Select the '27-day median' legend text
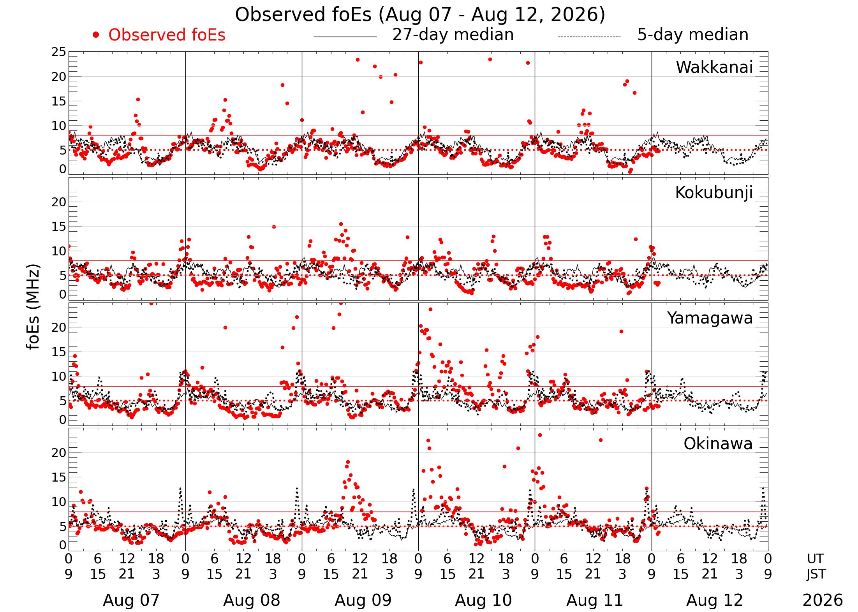[453, 35]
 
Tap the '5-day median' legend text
[693, 35]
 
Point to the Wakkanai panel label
[714, 67]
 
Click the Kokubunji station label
[714, 193]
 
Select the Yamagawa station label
[710, 318]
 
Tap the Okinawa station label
[718, 444]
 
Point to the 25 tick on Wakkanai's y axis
[59, 52]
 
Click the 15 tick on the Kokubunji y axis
[59, 227]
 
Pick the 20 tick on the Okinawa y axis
[59, 453]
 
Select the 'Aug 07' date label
[131, 600]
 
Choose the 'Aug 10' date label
[483, 600]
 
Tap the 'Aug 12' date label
[715, 600]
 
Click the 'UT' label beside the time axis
[815, 559]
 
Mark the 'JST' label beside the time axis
[816, 575]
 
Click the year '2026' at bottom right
[823, 600]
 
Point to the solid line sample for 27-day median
[345, 37]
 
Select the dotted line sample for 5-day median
[589, 37]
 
